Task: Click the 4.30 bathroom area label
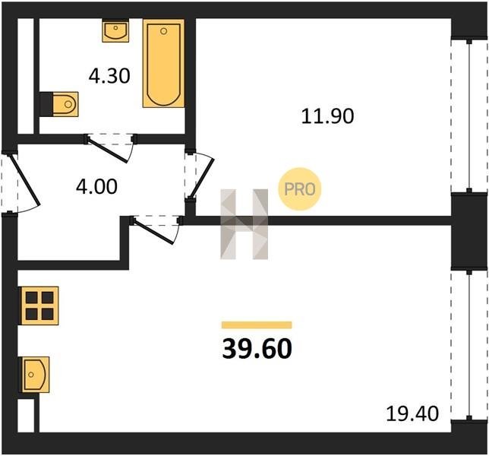(109, 76)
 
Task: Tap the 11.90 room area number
(327, 116)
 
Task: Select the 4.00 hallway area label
(96, 186)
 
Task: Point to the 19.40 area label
(412, 414)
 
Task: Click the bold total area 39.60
(257, 349)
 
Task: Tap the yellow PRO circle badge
(300, 189)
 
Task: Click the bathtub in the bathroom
(163, 64)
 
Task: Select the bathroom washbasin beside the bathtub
(115, 30)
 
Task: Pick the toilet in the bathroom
(59, 104)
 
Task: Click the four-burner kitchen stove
(39, 306)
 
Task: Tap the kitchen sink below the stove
(35, 375)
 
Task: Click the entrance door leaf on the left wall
(25, 180)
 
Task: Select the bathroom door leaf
(108, 150)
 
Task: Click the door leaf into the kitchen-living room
(153, 232)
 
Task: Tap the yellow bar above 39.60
(257, 325)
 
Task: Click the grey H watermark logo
(244, 224)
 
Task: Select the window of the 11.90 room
(469, 116)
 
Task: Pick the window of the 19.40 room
(469, 345)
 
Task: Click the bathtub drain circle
(164, 31)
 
